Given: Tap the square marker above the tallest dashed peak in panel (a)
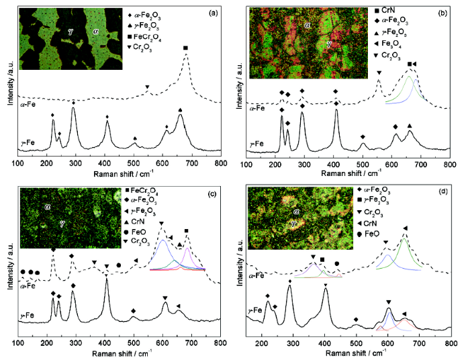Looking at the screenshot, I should point(186,48).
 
